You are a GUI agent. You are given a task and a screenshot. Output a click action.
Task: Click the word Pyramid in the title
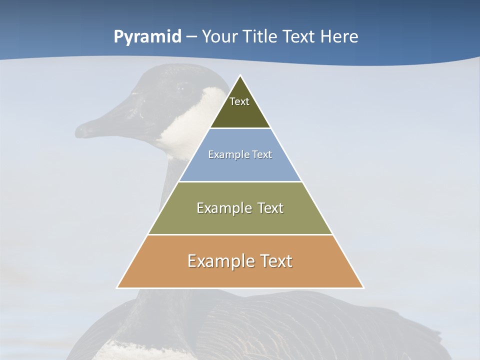147,37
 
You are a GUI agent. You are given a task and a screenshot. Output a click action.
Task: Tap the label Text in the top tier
239,101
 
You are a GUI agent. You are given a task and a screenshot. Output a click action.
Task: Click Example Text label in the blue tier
240,154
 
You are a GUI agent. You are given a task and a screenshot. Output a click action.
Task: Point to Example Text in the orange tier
240,261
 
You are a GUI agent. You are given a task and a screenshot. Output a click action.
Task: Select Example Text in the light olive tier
240,208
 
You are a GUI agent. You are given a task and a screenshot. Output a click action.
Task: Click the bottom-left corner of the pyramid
117,287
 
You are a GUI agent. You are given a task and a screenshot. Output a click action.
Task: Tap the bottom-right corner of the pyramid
363,287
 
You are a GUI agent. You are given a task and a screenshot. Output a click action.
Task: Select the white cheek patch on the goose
192,125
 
